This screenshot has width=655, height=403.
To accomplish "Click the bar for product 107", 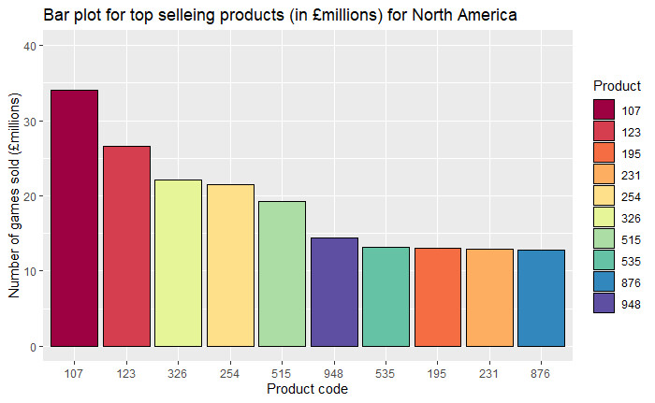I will click(x=74, y=218).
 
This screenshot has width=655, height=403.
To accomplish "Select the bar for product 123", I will click(x=126, y=246).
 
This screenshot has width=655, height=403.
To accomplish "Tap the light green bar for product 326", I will click(x=178, y=263).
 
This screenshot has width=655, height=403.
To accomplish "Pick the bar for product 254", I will click(x=230, y=266).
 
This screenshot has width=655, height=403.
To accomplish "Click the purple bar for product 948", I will click(x=334, y=292).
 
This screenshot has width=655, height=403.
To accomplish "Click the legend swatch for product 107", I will click(x=604, y=110).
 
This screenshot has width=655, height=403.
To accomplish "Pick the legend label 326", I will click(x=632, y=217).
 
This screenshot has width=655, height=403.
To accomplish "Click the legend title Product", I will click(x=617, y=86).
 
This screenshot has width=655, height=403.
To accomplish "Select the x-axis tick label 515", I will click(x=282, y=373).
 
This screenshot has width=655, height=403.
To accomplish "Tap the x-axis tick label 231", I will click(x=488, y=373).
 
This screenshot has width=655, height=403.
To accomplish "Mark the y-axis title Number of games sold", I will click(x=14, y=196).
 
